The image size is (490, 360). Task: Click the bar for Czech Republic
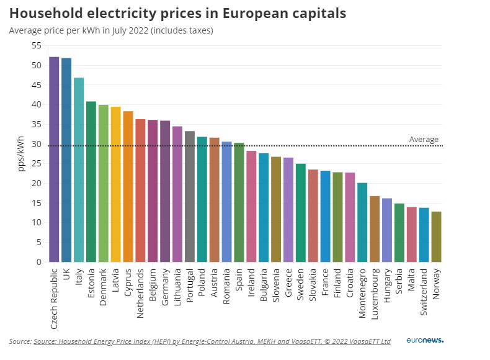(54, 160)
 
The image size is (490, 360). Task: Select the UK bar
(66, 160)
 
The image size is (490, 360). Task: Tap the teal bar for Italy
(79, 169)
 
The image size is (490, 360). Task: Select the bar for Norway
(436, 236)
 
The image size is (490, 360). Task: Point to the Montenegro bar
(362, 222)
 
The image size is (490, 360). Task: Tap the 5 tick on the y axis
(38, 243)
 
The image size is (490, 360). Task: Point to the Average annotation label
(424, 140)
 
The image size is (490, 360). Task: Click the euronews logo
(425, 341)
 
